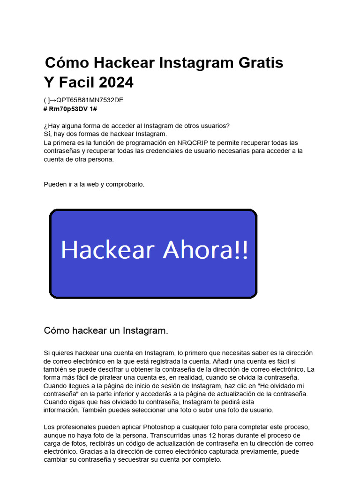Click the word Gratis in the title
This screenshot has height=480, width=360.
point(261,62)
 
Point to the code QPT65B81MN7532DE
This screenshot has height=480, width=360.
point(90,100)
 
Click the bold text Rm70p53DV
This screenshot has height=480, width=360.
point(67,109)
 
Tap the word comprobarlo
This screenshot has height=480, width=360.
point(125,184)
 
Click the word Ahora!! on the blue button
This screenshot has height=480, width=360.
point(205,250)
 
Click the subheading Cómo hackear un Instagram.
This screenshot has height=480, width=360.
point(106,330)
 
